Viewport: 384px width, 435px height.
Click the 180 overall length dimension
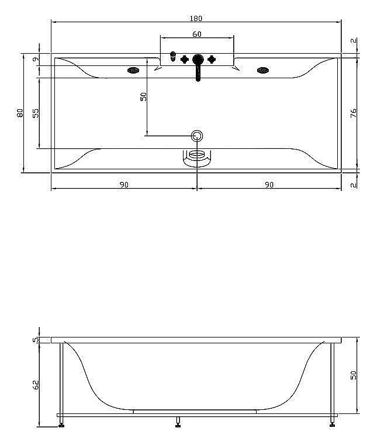coord(196,18)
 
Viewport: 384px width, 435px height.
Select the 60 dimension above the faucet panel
coord(197,34)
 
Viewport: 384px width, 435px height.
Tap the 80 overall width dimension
coord(20,113)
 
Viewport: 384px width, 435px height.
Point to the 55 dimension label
coord(36,113)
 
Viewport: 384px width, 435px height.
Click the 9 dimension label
coord(36,60)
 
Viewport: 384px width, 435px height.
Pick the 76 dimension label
coord(353,113)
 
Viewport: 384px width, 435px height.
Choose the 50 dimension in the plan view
coord(143,97)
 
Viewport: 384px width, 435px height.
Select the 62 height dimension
coord(36,384)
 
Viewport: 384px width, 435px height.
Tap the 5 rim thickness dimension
coord(36,340)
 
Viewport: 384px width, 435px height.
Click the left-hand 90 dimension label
coord(124,185)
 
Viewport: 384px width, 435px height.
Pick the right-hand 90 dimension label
coord(269,185)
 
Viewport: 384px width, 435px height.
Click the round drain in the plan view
coord(197,136)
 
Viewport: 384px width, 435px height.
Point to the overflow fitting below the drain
coord(197,157)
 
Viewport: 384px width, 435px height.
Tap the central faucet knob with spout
coord(198,61)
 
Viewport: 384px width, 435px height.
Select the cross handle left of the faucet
coord(185,59)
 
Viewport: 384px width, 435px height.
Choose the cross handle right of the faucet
coord(212,59)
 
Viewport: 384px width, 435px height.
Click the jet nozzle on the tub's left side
coord(134,71)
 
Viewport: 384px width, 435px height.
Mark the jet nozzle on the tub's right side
coord(262,71)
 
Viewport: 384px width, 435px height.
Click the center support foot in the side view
coord(178,420)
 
